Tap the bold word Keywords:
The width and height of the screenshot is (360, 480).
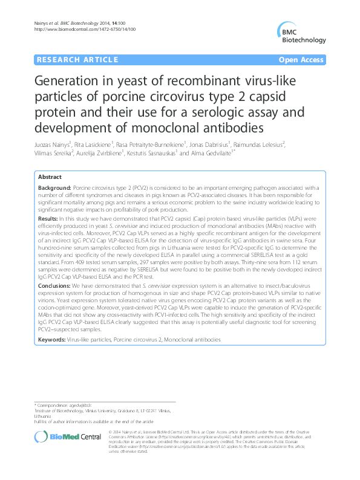click(x=51, y=340)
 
